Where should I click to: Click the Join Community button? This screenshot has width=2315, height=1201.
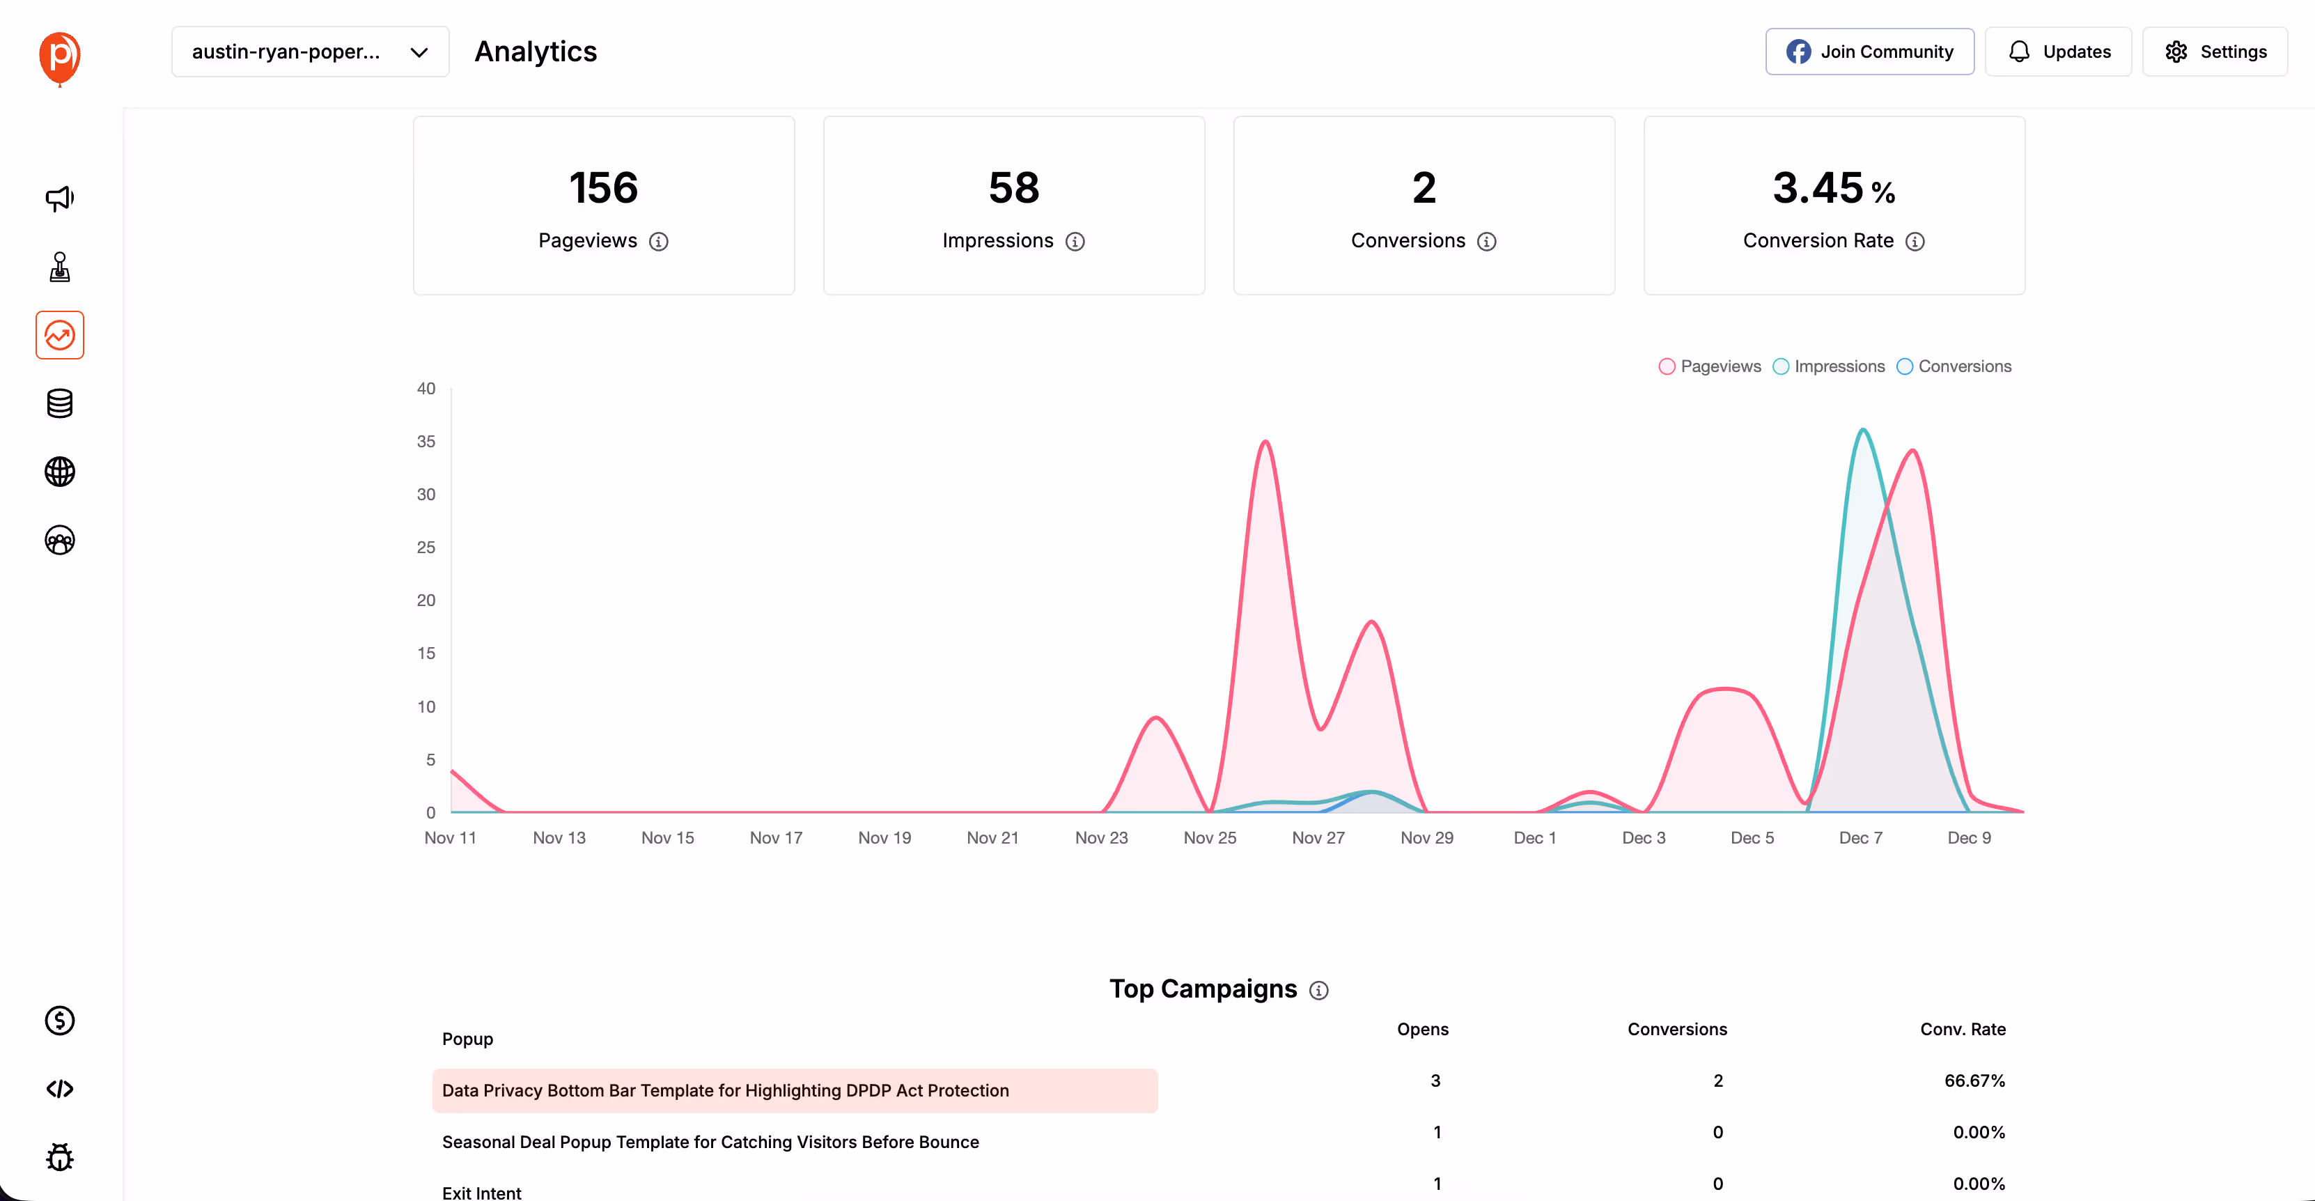tap(1869, 52)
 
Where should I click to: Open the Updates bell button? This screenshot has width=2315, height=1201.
tap(2058, 52)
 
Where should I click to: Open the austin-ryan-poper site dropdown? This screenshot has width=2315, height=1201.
tap(310, 52)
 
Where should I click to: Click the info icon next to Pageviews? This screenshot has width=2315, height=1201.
tap(659, 242)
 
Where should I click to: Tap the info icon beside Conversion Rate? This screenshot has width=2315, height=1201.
tap(1915, 242)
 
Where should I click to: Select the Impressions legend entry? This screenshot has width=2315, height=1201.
tap(1829, 366)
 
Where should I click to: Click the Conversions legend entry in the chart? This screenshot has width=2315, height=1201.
tap(1955, 366)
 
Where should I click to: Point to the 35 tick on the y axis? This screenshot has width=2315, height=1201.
tap(426, 442)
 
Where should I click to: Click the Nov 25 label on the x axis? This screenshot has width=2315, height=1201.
tap(1210, 838)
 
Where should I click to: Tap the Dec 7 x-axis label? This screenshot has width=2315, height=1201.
tap(1860, 838)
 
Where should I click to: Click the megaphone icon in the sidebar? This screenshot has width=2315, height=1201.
tap(59, 199)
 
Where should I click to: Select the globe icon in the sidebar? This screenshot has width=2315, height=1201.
tap(59, 472)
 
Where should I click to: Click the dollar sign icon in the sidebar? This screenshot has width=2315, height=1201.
tap(59, 1021)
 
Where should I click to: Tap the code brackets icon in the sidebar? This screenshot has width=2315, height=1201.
tap(59, 1089)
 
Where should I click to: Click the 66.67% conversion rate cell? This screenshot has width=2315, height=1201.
tap(1974, 1080)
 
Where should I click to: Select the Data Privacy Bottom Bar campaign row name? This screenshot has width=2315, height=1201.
tap(725, 1090)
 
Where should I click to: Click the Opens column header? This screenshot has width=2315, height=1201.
tap(1423, 1030)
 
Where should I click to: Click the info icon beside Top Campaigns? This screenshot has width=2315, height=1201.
tap(1318, 991)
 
